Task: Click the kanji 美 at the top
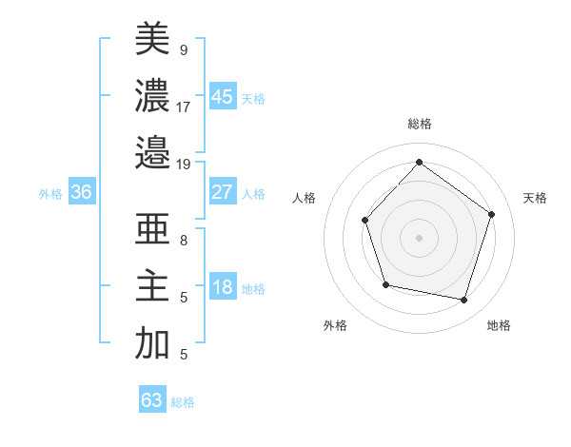[152, 40]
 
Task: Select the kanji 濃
[152, 95]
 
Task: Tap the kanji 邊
[152, 151]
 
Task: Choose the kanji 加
[152, 343]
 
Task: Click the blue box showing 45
[223, 97]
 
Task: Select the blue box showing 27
[223, 192]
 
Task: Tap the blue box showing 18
[223, 288]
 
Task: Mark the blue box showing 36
[82, 192]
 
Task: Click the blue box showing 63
[152, 400]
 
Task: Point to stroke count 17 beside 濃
[183, 107]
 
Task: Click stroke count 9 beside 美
[183, 49]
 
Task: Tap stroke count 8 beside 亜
[183, 241]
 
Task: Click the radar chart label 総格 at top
[419, 124]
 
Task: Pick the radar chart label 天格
[536, 198]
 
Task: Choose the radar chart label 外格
[335, 326]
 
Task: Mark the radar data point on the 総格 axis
[419, 163]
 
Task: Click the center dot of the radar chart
[419, 237]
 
